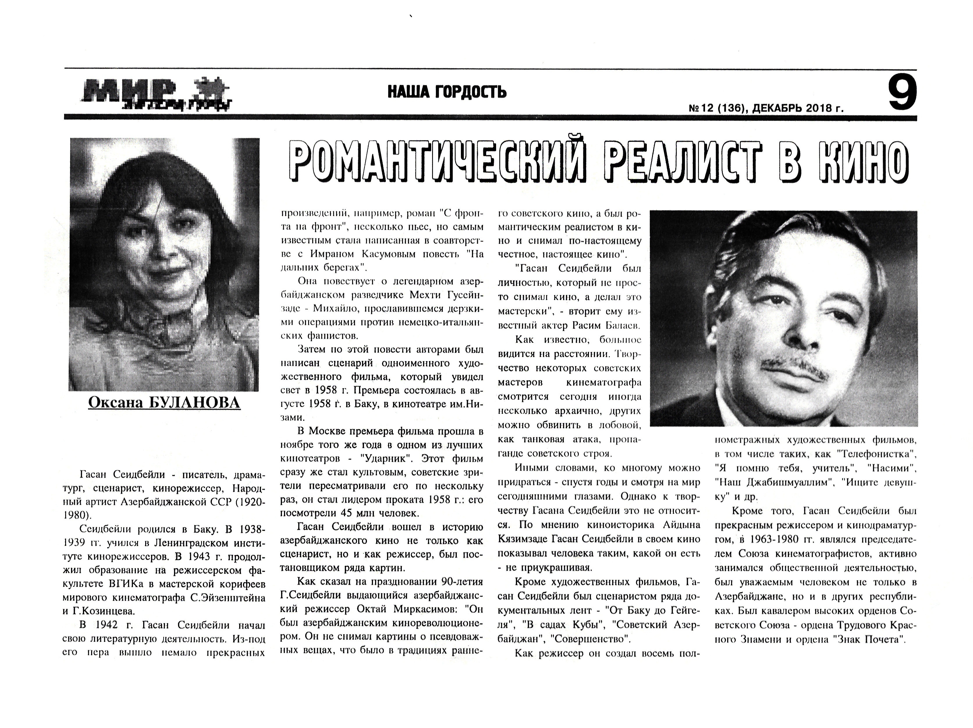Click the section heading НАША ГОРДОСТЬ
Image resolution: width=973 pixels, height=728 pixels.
pyautogui.click(x=447, y=92)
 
